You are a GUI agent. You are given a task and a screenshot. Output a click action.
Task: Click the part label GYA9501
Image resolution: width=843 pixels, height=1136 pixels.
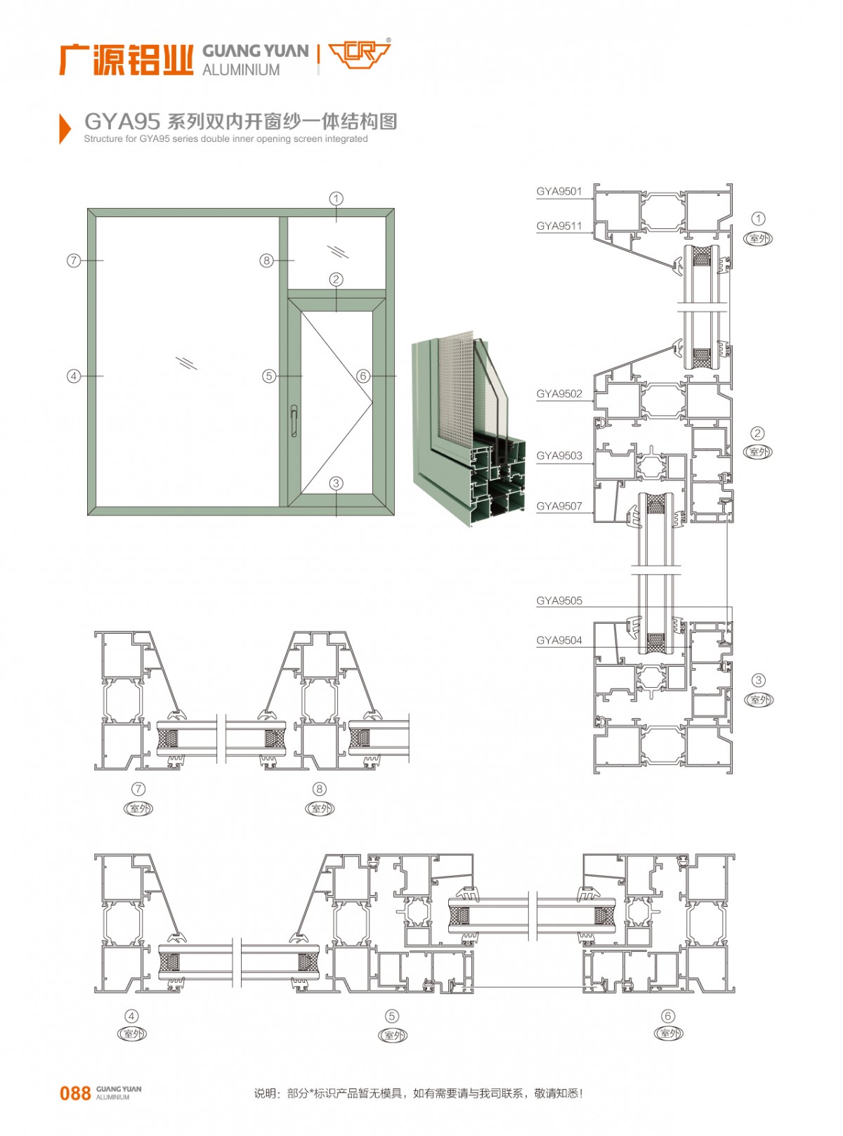tap(559, 191)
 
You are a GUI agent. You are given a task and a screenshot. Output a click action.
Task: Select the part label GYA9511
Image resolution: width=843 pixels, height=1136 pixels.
tap(559, 226)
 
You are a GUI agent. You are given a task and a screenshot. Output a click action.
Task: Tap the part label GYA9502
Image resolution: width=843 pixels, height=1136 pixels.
tap(559, 394)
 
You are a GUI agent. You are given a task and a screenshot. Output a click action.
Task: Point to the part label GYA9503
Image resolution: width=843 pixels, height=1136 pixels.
tap(559, 456)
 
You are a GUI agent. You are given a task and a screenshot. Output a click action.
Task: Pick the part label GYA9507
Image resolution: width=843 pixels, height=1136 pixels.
tap(559, 507)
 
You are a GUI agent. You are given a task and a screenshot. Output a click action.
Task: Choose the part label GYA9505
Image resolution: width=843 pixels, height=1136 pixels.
tap(559, 601)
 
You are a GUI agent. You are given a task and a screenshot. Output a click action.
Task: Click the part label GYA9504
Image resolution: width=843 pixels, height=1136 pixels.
tap(559, 641)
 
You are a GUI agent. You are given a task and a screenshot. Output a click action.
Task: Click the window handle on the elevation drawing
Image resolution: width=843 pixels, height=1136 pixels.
tap(294, 421)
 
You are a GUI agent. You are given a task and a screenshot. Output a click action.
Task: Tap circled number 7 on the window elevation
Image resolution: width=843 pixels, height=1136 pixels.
tap(73, 261)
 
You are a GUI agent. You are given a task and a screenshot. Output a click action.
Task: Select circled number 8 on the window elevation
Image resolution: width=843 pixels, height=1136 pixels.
tap(266, 261)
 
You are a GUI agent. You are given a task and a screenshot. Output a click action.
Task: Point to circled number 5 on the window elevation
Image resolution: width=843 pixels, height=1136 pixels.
tap(268, 377)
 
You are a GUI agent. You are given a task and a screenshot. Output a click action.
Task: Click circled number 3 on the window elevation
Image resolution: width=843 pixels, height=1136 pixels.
tap(336, 483)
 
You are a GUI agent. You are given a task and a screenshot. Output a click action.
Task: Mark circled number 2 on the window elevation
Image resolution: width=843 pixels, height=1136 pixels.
tap(336, 280)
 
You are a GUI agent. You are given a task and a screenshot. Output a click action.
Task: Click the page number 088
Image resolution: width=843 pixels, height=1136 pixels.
tap(75, 1093)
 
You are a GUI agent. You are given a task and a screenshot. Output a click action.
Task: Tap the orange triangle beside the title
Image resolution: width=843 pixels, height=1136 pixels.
tap(65, 129)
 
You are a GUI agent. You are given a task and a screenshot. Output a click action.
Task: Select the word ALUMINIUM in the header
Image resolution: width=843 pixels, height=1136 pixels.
tap(241, 70)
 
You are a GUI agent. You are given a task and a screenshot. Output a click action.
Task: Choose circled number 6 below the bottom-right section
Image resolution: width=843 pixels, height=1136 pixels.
tap(667, 1016)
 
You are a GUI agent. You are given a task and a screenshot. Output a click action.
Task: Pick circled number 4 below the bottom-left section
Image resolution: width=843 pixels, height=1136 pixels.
tap(131, 1016)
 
